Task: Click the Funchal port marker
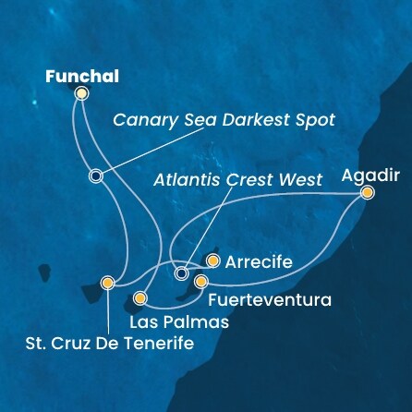pos(81,93)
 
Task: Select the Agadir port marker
pos(367,193)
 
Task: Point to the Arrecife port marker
pos(212,261)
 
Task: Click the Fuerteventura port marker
pos(200,281)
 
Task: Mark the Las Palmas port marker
pos(140,298)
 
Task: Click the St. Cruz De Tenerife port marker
pos(108,284)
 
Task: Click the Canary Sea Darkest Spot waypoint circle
pos(95,176)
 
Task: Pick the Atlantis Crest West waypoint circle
pos(181,273)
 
